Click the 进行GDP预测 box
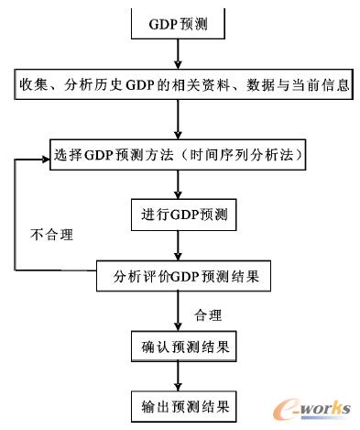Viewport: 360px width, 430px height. point(183,217)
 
